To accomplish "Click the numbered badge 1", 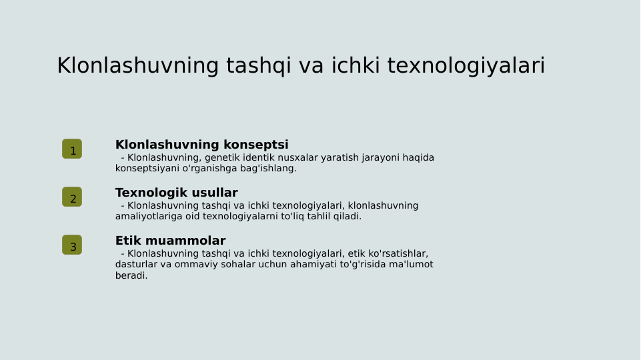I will pos(72,149).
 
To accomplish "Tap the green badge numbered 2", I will pos(72,197).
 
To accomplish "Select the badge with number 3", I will pos(72,245).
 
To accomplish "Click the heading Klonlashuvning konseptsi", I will pos(201,145).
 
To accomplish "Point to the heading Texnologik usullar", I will pos(176,193).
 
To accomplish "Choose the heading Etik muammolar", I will pos(170,241).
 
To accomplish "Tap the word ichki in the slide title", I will pos(356,66).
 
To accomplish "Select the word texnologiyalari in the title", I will pos(466,66).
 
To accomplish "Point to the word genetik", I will pos(223,158).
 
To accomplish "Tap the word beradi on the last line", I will pos(130,275).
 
